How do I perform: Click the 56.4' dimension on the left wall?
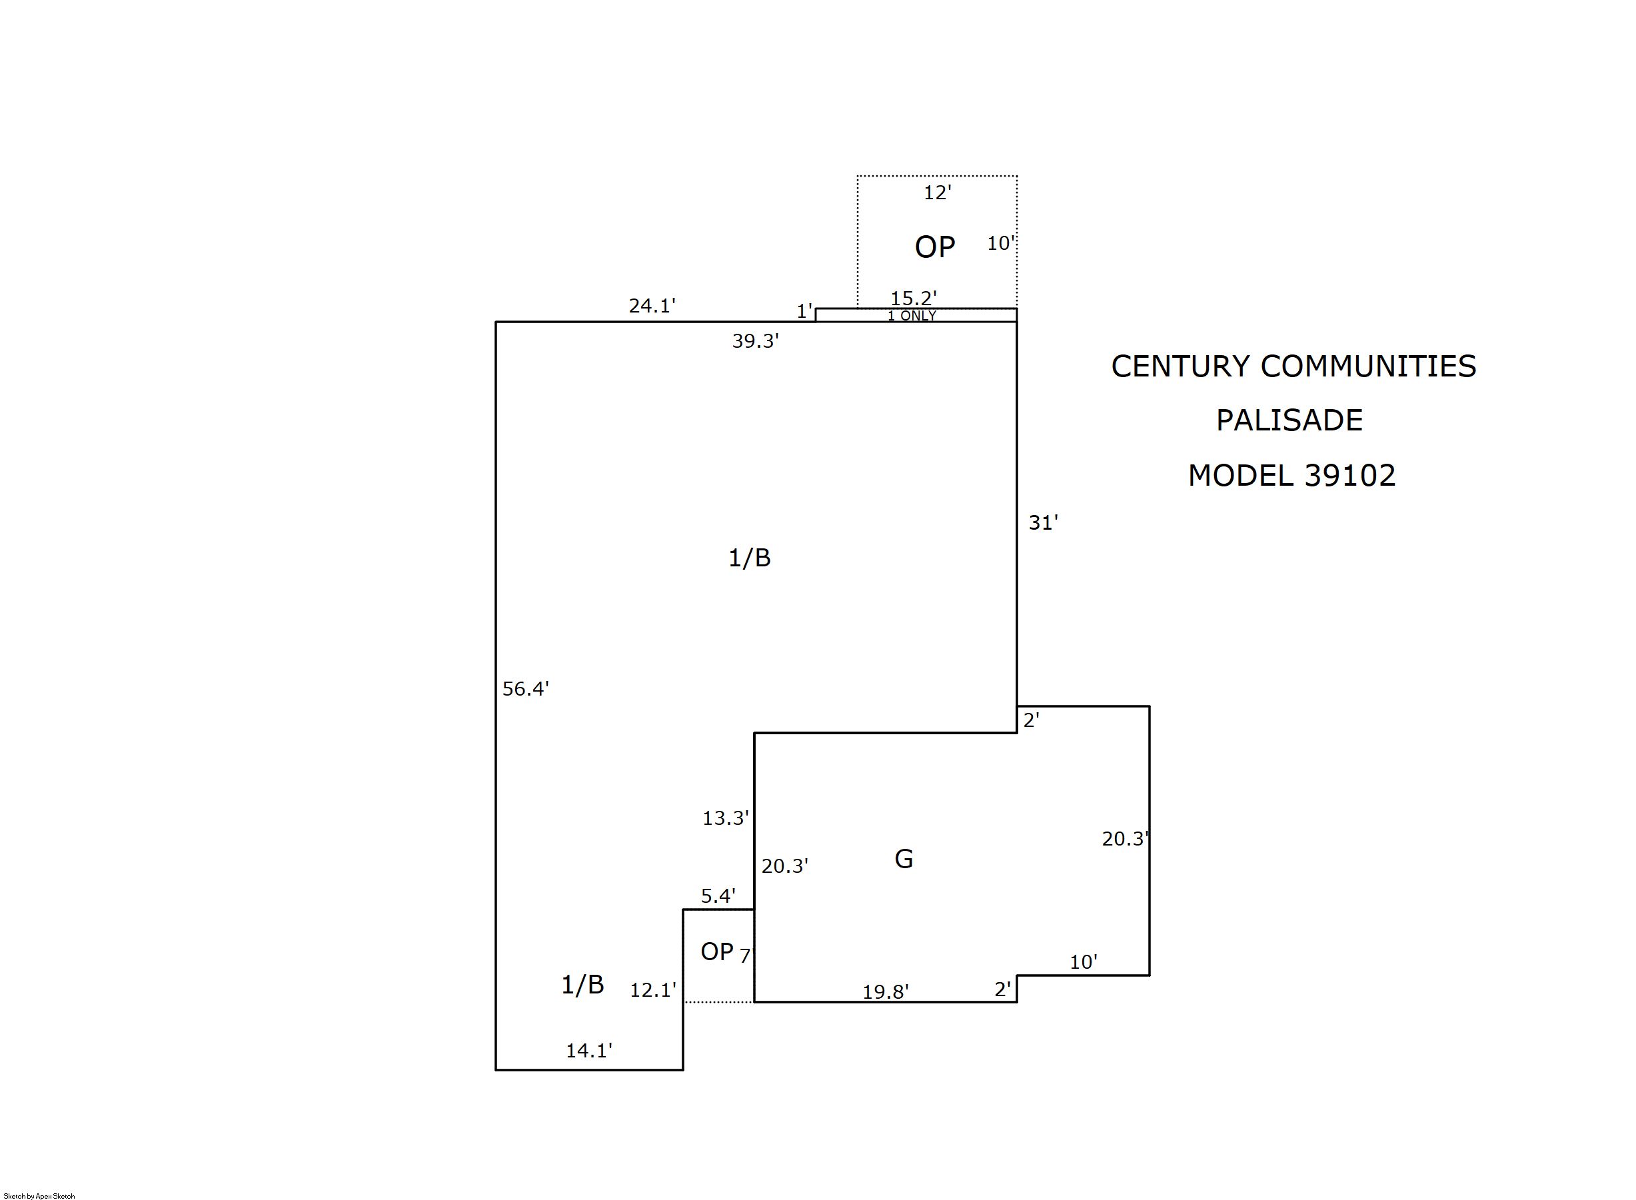coord(525,689)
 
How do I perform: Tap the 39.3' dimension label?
coord(755,340)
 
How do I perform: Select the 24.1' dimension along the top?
coord(652,306)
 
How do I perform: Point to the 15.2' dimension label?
coord(913,298)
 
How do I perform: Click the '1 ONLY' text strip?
coord(912,316)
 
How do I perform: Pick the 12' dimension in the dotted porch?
coord(937,193)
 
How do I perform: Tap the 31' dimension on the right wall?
coord(1042,523)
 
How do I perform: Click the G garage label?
coord(903,860)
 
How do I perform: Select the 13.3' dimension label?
coord(725,818)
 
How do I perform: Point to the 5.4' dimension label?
coord(718,896)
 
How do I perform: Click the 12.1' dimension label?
coord(652,990)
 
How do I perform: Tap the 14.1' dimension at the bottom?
coord(588,1050)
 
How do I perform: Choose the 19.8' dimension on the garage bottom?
coord(885,991)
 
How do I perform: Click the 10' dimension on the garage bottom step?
coord(1082,963)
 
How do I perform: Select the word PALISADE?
coord(1289,420)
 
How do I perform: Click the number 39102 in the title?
coord(1349,476)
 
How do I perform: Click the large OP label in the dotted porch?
coord(934,248)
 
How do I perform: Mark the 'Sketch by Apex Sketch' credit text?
coord(39,1195)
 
